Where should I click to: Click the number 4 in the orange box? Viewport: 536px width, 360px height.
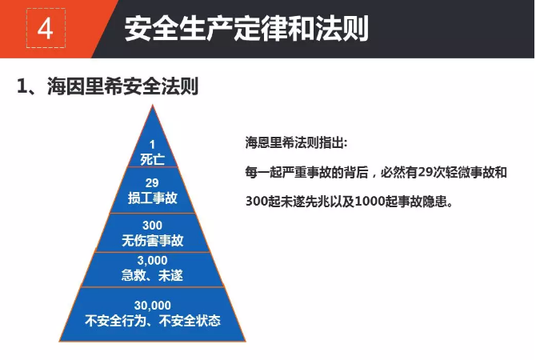pos(45,29)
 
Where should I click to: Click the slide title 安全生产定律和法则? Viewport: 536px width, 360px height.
pos(246,28)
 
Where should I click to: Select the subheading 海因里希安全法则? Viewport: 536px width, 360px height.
pos(122,86)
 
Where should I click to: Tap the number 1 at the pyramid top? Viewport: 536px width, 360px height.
pos(152,145)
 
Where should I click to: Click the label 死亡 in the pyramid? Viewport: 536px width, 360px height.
pos(153,159)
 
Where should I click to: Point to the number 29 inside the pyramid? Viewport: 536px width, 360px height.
pos(152,183)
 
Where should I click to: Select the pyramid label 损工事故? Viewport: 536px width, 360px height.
pos(153,198)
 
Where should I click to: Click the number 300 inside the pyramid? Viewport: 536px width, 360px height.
pos(153,226)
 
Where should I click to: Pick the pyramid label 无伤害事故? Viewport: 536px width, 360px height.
pos(153,241)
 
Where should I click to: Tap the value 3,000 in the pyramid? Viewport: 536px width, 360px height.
pos(153,261)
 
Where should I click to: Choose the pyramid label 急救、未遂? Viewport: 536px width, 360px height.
pos(153,275)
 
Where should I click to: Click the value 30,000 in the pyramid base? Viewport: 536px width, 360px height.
pos(153,306)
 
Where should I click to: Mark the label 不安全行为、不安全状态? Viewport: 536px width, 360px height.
pos(153,321)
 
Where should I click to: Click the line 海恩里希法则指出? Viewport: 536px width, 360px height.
pos(296,142)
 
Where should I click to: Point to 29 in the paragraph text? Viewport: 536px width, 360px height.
pos(425,172)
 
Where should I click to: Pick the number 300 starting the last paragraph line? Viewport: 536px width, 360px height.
pos(257,201)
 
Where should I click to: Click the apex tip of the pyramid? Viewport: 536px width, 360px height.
pos(153,106)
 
